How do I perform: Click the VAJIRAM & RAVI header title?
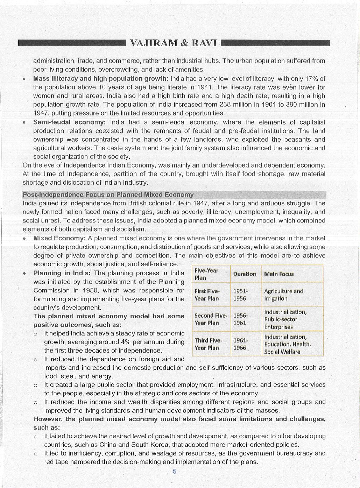pos(174,43)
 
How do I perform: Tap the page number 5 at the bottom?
pos(175,471)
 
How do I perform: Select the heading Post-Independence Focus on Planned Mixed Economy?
pos(108,195)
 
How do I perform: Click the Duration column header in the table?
pos(245,274)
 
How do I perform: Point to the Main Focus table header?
pos(279,274)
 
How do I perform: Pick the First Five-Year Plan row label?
pos(207,295)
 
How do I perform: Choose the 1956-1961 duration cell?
pos(240,319)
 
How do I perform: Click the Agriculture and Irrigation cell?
pos(283,295)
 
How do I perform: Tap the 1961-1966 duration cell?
pos(240,344)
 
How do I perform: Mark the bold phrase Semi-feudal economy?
pos(69,122)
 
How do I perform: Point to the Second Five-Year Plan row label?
pos(211,319)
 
